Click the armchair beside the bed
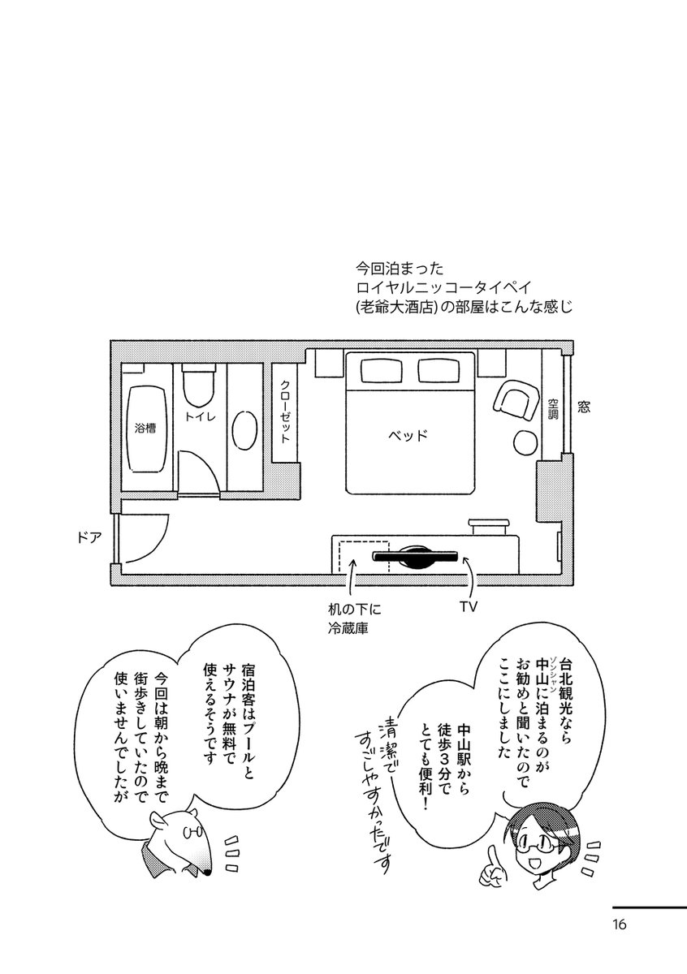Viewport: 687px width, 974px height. (x=512, y=399)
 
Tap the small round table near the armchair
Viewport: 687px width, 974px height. (x=523, y=442)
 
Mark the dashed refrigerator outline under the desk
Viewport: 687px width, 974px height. (x=363, y=556)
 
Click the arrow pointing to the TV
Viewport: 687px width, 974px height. (x=472, y=577)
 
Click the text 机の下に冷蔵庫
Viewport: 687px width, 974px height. (x=351, y=617)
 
